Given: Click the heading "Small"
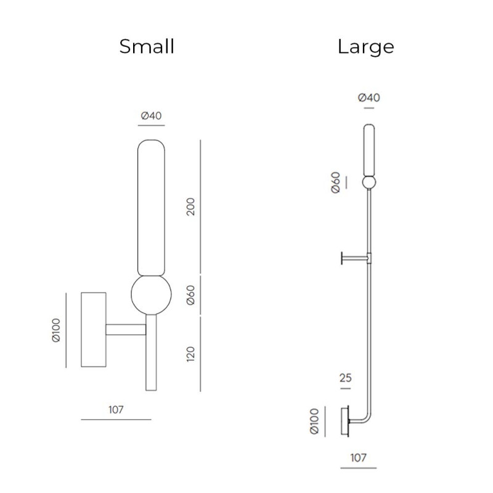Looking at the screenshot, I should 147,46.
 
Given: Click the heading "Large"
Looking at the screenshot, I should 365,46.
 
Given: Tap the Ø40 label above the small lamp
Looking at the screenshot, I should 152,115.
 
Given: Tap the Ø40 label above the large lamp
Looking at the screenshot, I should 369,97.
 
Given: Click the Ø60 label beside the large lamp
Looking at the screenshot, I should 336,183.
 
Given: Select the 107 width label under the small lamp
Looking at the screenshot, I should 115,409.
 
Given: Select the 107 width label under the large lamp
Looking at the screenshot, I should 357,457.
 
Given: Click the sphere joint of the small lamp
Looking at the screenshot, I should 150,295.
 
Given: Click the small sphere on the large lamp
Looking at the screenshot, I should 369,182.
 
